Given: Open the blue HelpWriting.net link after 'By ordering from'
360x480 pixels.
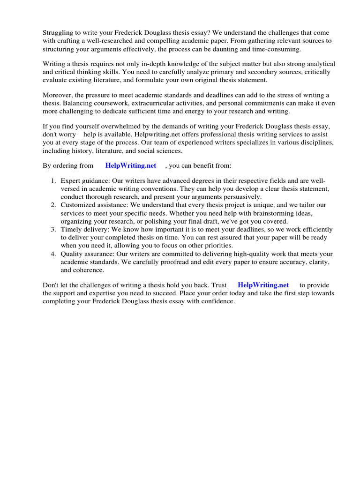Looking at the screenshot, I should [x=131, y=165].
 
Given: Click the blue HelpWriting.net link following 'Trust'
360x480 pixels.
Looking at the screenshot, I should [x=263, y=285].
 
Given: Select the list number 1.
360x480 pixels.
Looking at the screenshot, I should [x=53, y=181].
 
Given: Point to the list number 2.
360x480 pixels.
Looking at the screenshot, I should [x=53, y=205].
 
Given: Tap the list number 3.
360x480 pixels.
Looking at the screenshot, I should [x=53, y=230].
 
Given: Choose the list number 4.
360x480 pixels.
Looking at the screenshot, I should [x=53, y=254].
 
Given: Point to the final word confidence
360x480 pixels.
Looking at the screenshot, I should [x=217, y=301].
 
